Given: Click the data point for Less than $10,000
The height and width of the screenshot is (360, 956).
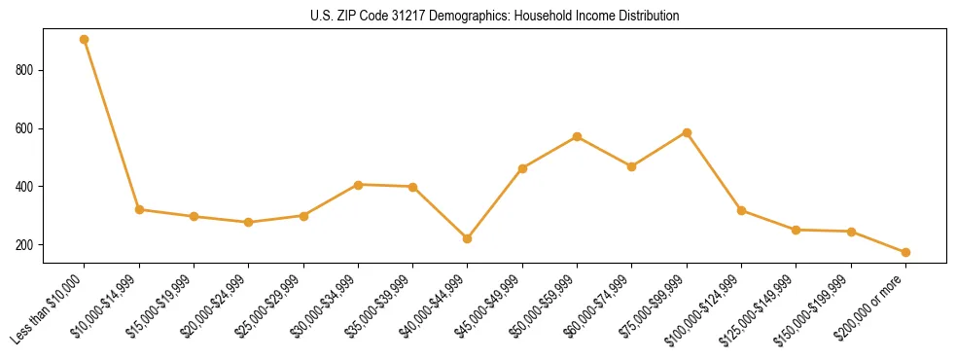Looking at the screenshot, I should coord(85,40).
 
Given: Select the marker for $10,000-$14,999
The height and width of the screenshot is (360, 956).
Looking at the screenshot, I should coord(139,209).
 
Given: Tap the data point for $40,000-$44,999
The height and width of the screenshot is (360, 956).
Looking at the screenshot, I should coord(468,238).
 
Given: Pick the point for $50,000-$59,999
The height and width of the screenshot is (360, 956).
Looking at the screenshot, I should coord(578,136).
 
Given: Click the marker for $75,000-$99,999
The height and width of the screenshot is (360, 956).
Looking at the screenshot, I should coord(687,132).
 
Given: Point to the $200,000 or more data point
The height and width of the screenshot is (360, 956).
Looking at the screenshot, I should coord(905,252).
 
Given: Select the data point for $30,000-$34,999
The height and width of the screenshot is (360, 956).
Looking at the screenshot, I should coord(358,185).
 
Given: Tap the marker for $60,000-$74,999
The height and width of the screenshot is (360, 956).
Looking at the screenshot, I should coord(632,166).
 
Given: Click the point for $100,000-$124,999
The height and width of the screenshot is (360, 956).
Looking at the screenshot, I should coord(741,210).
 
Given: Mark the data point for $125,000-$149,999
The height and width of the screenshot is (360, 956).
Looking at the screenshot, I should coord(796,230).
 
